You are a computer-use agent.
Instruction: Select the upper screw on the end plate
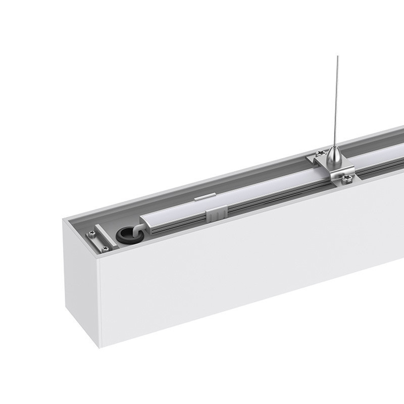[91, 233]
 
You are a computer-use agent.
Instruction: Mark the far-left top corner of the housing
[64, 220]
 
